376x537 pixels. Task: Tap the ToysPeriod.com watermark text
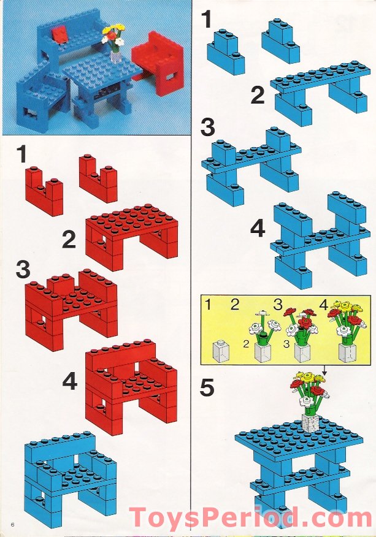click(x=250, y=517)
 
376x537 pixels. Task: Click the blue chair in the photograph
click(x=41, y=97)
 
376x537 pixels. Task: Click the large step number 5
click(x=207, y=387)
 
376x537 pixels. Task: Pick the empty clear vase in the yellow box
click(x=220, y=351)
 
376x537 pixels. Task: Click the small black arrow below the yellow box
click(x=324, y=370)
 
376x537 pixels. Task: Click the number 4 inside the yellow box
click(x=324, y=304)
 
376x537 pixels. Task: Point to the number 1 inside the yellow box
click(x=208, y=305)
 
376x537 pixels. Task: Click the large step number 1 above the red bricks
click(x=22, y=155)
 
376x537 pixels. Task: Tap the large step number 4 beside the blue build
click(x=258, y=229)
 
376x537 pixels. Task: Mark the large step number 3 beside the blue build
click(x=207, y=127)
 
